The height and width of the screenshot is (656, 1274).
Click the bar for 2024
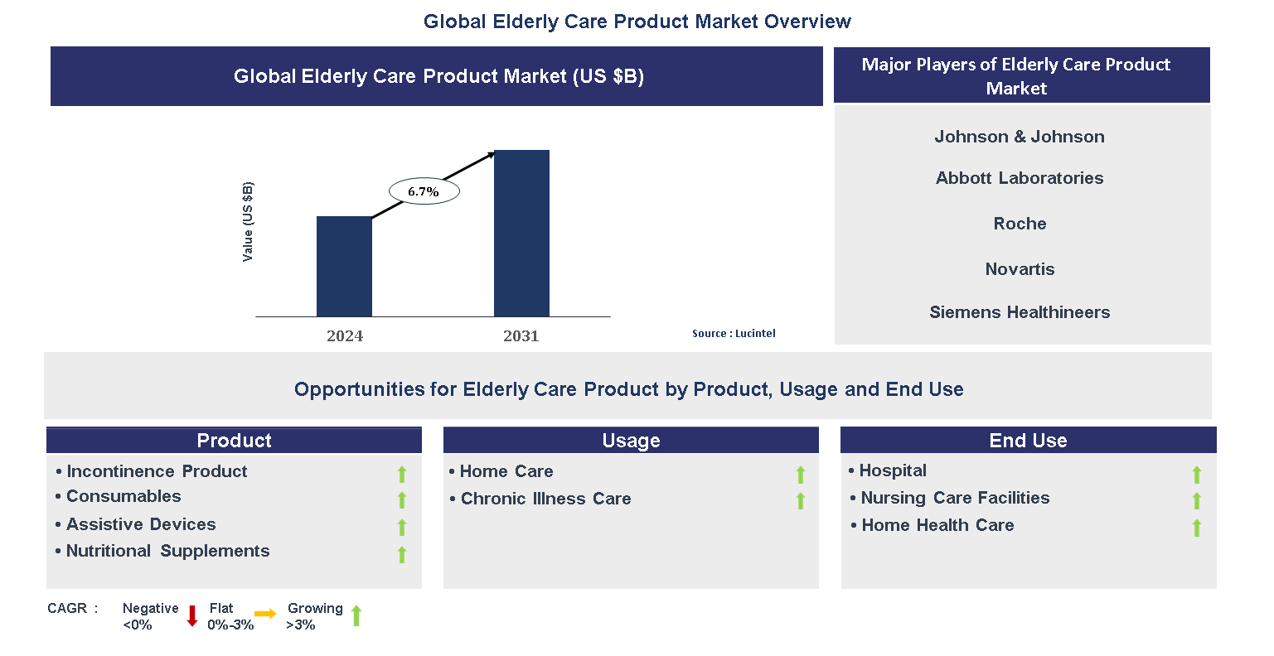coord(344,266)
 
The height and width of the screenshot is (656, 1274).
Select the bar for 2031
coord(521,233)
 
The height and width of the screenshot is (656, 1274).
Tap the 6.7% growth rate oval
coord(424,191)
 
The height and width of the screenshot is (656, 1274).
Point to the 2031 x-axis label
coord(521,335)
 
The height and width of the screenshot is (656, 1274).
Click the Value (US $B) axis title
coord(248,221)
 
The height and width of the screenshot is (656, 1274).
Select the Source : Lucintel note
coord(734,333)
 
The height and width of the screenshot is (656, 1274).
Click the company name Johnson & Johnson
coord(1020,137)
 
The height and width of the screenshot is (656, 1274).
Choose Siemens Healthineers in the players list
coord(1020,312)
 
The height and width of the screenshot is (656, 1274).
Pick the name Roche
coord(1020,224)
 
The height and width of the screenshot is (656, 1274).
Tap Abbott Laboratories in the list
coord(1020,178)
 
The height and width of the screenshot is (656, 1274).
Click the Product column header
coord(234,440)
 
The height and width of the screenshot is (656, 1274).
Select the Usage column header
coord(631,440)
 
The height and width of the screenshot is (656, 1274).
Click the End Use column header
coord(1028,440)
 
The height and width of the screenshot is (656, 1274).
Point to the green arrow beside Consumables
coord(402,500)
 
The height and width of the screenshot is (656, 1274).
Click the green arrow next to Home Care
coord(801,475)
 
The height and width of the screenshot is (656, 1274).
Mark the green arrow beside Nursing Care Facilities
coord(1197,501)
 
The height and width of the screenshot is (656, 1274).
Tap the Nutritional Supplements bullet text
coord(167,551)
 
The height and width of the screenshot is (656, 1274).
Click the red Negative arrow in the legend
coord(192,615)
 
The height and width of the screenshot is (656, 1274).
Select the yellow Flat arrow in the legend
coord(265,614)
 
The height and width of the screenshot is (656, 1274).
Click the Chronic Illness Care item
coord(545,499)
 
